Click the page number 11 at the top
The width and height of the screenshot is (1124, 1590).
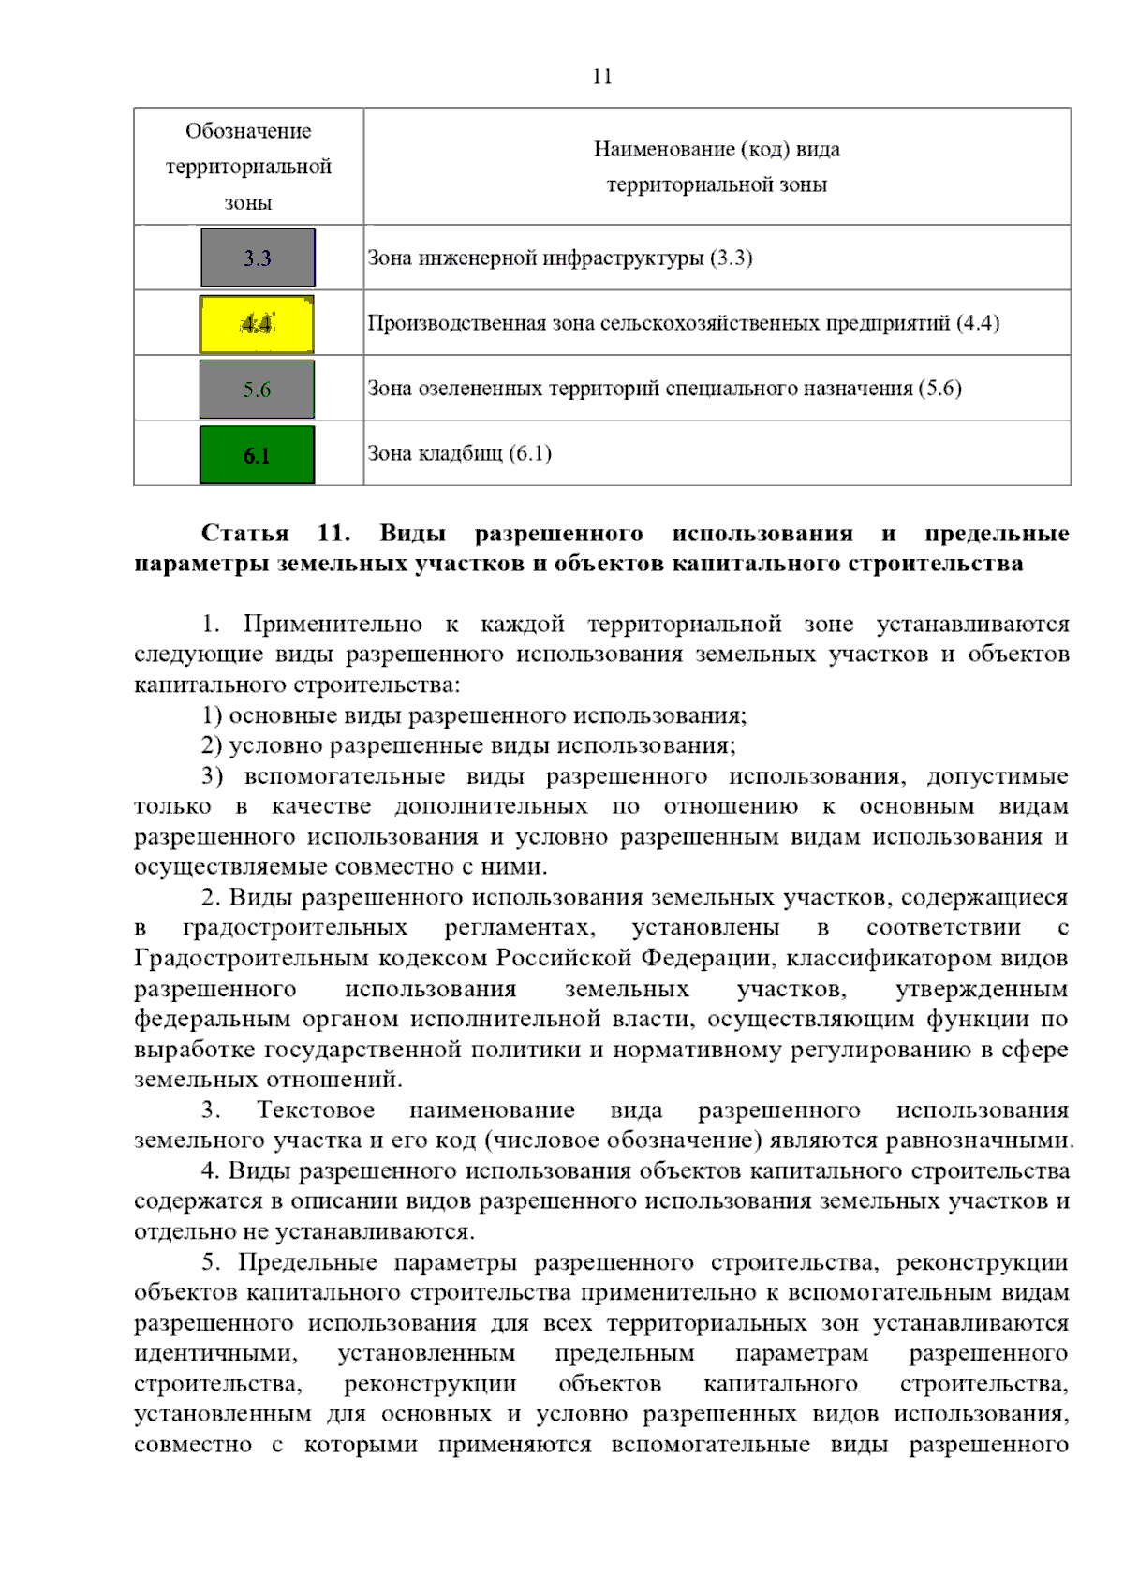602,77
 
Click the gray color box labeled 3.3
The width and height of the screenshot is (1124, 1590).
258,258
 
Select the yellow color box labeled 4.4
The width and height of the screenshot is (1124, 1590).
257,324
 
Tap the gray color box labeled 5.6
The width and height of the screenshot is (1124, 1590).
257,389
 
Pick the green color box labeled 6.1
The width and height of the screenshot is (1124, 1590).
257,455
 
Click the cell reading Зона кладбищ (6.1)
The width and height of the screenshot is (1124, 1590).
459,453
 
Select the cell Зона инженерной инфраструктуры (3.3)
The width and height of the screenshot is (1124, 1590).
559,258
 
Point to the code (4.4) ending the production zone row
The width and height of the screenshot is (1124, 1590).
978,323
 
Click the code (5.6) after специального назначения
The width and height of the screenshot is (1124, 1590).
939,388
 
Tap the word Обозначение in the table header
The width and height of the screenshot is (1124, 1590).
248,131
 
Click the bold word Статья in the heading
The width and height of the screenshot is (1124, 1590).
245,533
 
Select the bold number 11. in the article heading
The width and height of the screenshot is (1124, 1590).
333,533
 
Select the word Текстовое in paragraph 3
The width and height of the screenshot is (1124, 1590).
316,1110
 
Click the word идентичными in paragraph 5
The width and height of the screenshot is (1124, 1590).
215,1353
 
